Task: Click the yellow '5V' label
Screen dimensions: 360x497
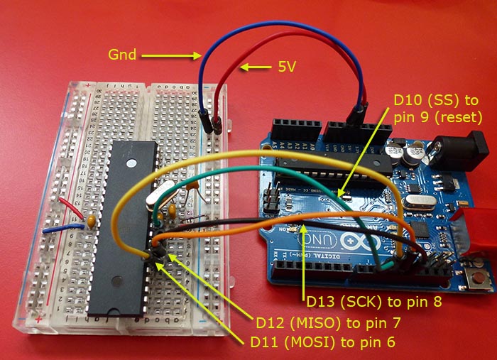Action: point(285,68)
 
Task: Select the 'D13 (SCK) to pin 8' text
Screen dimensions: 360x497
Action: point(374,301)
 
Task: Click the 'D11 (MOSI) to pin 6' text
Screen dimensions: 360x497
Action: point(323,342)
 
